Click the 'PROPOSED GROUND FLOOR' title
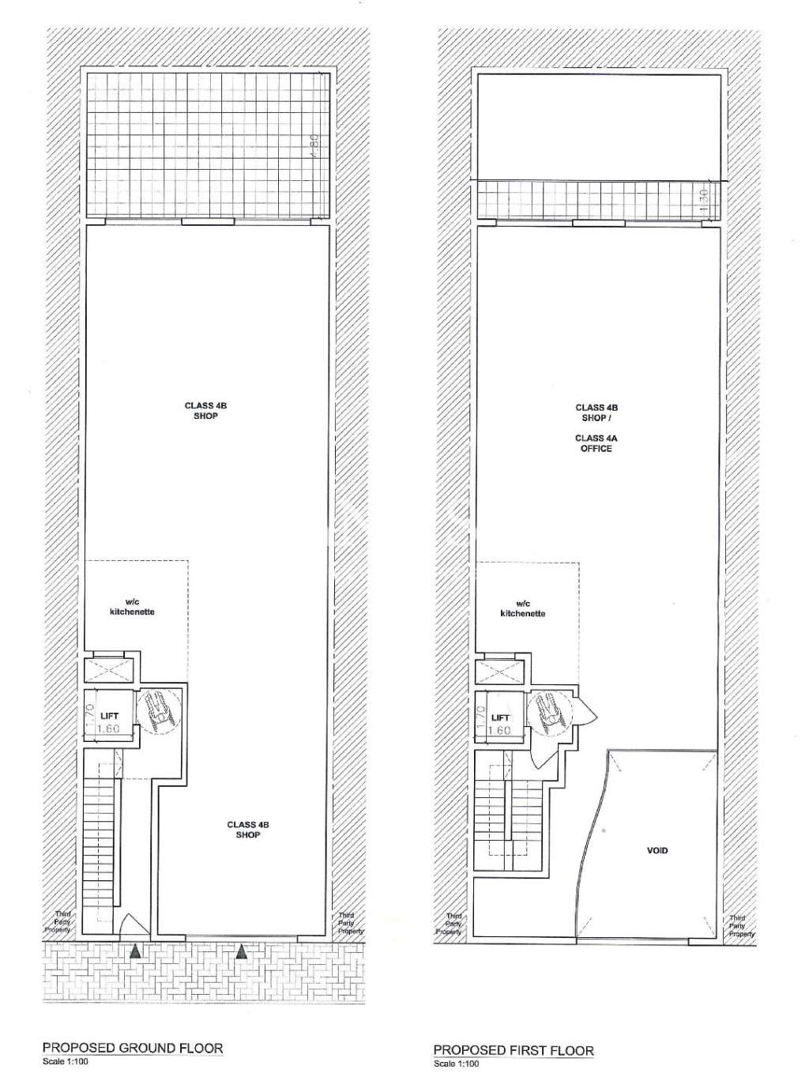click(x=133, y=1049)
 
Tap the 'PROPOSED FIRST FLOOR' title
click(x=514, y=1050)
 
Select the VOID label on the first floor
click(x=657, y=851)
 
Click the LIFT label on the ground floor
click(x=110, y=716)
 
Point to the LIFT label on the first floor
click(x=500, y=717)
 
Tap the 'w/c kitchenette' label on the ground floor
click(x=132, y=607)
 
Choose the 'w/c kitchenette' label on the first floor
click(x=523, y=608)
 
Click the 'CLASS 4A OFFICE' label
click(x=596, y=443)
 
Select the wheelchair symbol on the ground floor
click(x=158, y=708)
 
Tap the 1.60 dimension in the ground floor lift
click(x=108, y=729)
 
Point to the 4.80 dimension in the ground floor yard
click(x=314, y=145)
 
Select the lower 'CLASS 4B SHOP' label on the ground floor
click(x=248, y=829)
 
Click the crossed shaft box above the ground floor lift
click(x=105, y=671)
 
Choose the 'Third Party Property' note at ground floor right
click(x=346, y=923)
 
